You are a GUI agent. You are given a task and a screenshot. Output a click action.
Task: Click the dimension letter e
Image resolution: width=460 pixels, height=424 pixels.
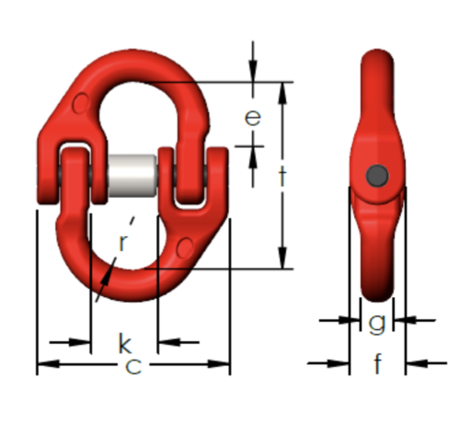[x=253, y=118]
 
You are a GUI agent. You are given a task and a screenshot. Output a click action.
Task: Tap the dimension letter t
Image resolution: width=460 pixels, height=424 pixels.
[x=282, y=177]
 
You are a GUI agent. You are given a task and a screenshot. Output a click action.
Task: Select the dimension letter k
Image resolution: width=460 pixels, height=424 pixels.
[x=125, y=343]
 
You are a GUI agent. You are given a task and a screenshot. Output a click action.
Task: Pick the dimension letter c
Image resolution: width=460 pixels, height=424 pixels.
[x=133, y=366]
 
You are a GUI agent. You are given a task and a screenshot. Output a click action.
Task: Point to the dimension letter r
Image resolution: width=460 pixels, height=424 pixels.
[x=122, y=243]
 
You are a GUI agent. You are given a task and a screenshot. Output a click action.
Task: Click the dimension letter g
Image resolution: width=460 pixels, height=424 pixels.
[x=376, y=324]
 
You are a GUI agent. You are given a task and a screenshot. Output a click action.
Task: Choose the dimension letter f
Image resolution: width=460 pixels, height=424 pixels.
[x=378, y=363]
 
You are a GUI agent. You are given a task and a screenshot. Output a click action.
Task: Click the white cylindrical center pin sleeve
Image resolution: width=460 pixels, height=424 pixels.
[x=132, y=176]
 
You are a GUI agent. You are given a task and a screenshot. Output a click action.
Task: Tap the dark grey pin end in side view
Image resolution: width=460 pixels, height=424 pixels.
[x=377, y=176]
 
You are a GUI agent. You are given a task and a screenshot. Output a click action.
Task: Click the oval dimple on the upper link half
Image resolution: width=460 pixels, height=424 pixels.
[x=81, y=104]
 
